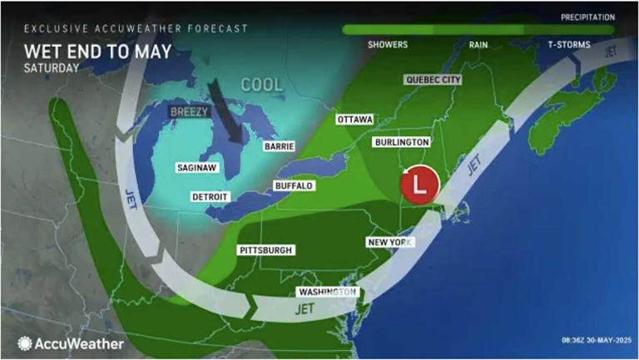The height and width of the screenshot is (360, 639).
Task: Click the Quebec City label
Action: [433, 80]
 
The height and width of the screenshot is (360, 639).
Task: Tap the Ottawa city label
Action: [354, 120]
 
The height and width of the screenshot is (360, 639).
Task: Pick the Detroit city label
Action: [211, 196]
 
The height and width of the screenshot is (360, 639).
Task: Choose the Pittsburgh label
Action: [265, 250]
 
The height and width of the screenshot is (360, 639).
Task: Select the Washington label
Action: [328, 293]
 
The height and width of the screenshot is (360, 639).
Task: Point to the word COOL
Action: [262, 85]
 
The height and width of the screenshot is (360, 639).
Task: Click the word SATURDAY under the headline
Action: [52, 68]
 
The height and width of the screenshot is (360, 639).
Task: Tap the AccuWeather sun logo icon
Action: [25, 343]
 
